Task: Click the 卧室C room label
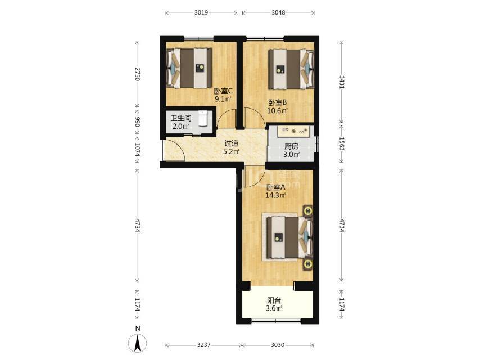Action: tap(223, 91)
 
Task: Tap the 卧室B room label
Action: tap(277, 102)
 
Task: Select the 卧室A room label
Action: tap(275, 187)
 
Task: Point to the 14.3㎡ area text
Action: tap(275, 195)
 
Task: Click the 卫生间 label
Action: tap(181, 118)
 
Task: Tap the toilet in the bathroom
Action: tap(203, 119)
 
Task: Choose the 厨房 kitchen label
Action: tap(291, 146)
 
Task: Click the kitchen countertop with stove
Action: tap(295, 131)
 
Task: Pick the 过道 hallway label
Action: tap(232, 143)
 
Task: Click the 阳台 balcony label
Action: tap(274, 300)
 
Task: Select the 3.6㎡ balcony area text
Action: tap(274, 308)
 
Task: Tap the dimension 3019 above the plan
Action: tap(201, 12)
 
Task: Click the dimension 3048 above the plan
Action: tap(278, 12)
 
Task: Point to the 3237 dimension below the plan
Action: tap(203, 345)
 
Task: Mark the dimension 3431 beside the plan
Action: tap(342, 82)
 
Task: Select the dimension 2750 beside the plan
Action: tap(138, 74)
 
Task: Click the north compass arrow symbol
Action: tap(138, 343)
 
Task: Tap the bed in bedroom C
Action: tap(189, 68)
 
